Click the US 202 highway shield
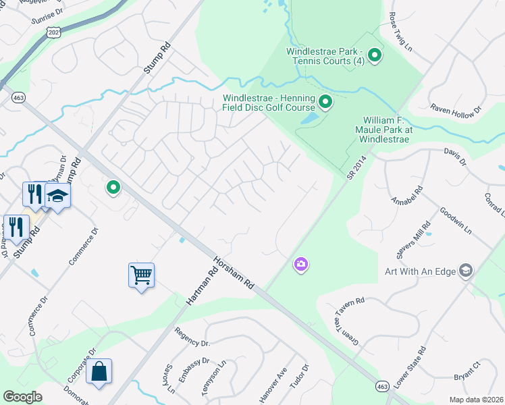tap(54, 32)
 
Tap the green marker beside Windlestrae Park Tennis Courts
tap(374, 55)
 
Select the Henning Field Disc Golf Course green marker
tap(325, 103)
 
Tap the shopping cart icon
tap(142, 275)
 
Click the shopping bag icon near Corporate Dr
tap(99, 371)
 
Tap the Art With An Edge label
tap(420, 271)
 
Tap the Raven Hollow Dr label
tap(456, 108)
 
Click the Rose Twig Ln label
tap(400, 31)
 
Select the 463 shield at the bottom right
tap(383, 385)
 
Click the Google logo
tap(22, 396)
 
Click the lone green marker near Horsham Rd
tap(113, 188)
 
